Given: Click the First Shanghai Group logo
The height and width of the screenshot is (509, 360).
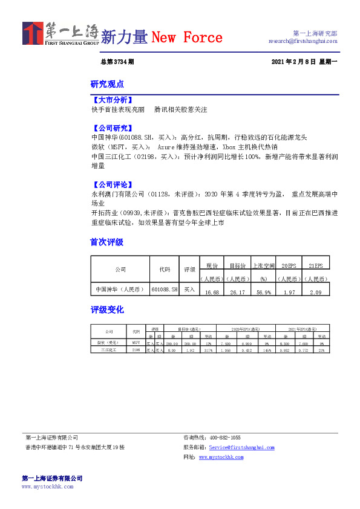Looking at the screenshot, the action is [60, 34].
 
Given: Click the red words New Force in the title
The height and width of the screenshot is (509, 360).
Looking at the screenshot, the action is [186, 37].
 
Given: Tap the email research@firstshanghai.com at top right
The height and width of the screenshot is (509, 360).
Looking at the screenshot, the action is [303, 41].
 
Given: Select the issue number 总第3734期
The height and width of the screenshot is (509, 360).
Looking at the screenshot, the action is [117, 62].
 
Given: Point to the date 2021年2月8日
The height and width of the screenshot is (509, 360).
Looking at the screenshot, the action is [293, 62].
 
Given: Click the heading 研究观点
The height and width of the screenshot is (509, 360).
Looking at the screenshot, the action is [107, 84].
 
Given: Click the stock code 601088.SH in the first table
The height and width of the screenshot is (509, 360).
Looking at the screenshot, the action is [165, 290].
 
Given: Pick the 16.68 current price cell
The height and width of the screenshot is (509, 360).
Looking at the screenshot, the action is [212, 292].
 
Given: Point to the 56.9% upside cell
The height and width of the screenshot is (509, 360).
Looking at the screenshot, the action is [263, 292].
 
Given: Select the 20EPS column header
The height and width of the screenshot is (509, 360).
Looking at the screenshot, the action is [289, 265].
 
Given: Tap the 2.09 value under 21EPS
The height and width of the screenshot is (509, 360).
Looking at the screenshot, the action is [315, 292].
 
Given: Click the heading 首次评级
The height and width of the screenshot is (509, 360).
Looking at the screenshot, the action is [107, 242].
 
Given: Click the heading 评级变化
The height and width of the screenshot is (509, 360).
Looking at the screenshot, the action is [107, 310].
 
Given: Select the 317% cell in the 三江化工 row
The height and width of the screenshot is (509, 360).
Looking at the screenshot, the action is [208, 350].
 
